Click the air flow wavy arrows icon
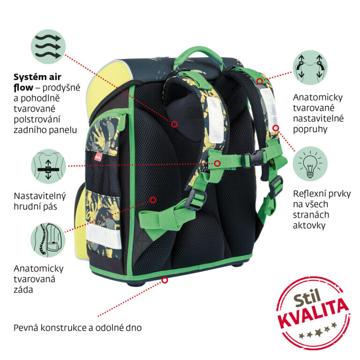coord(48,46)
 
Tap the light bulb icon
coord(310,164)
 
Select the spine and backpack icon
coord(48,240)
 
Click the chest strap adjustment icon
coord(48,166)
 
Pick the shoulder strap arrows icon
coord(310,67)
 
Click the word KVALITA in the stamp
coord(314,314)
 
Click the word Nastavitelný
coord(40,196)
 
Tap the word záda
coord(23,290)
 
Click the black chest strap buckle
coord(254,158)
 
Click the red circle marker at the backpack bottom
coord(165,280)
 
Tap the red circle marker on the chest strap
coord(217,164)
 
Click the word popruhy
coord(310,130)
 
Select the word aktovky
coord(309,225)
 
